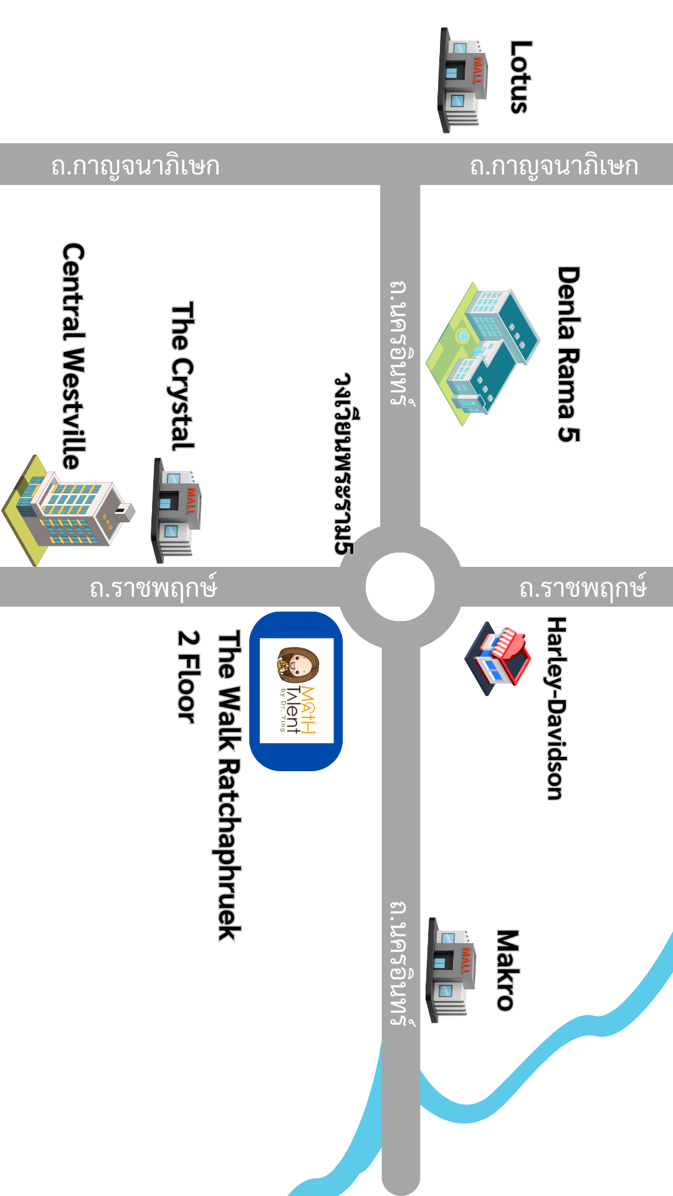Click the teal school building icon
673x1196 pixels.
click(x=483, y=352)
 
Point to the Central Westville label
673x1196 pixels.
click(x=74, y=356)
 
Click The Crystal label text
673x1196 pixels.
click(x=183, y=376)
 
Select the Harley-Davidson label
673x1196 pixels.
click(x=556, y=708)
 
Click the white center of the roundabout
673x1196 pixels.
click(x=400, y=587)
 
